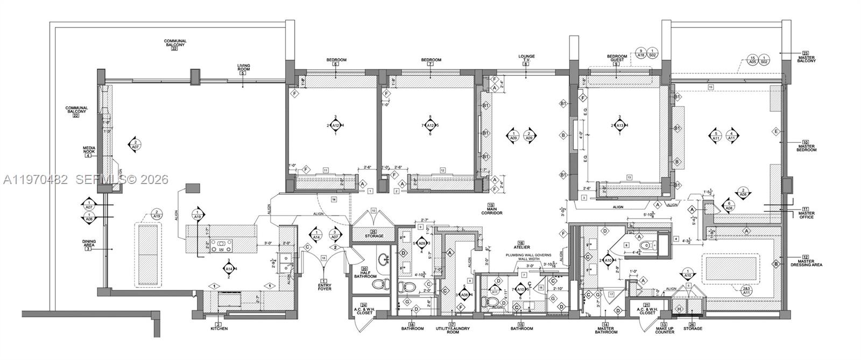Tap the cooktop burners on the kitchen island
(220, 246)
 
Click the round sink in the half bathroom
(384, 258)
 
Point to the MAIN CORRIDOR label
(491, 210)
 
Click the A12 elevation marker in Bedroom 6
(335, 125)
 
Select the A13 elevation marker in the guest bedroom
(619, 125)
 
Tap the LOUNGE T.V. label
(526, 58)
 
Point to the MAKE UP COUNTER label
(664, 328)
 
